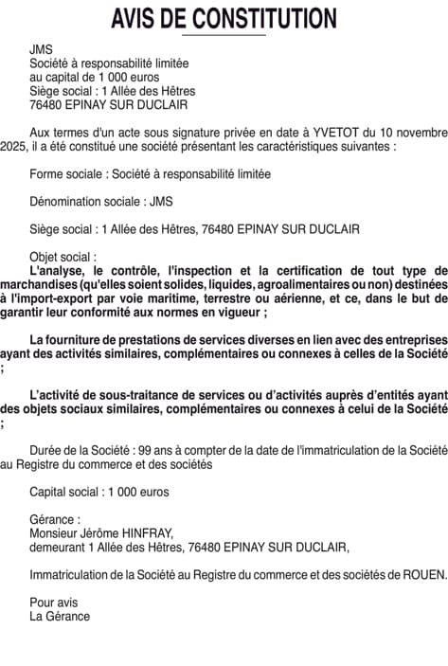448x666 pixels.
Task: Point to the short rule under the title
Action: pos(224,35)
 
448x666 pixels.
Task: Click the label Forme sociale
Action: pos(67,174)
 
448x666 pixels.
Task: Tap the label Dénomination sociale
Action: pos(82,201)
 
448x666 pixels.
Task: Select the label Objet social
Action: pos(61,256)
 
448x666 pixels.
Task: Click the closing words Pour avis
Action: pos(53,603)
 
